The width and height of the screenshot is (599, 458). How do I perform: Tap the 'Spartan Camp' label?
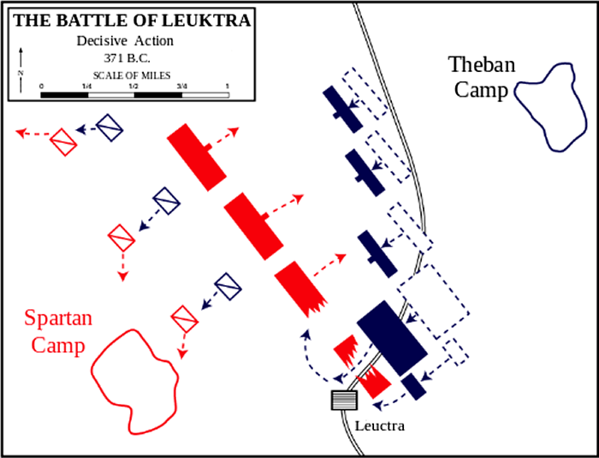pyautogui.click(x=58, y=332)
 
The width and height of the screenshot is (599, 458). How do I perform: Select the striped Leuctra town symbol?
pyautogui.click(x=344, y=399)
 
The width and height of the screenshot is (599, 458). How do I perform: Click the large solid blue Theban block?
pyautogui.click(x=391, y=334)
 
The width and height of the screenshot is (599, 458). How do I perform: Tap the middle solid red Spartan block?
pyautogui.click(x=252, y=224)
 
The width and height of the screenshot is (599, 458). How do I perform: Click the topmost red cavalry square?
pyautogui.click(x=63, y=141)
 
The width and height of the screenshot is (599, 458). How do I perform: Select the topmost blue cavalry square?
pyautogui.click(x=110, y=128)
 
